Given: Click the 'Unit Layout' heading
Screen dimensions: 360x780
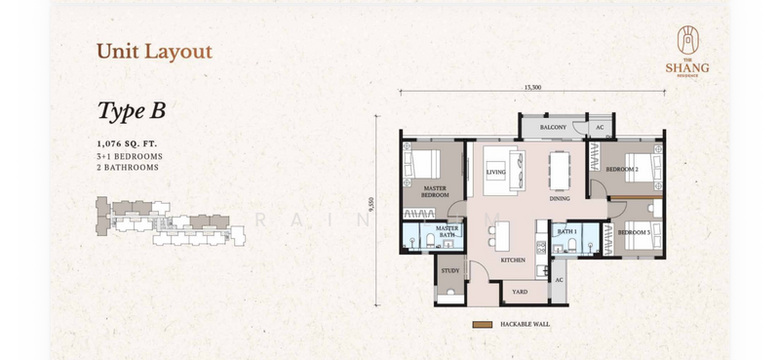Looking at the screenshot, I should point(154,52).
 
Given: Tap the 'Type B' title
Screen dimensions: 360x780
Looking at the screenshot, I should point(131,110).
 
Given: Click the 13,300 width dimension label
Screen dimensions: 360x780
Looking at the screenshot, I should point(532,88).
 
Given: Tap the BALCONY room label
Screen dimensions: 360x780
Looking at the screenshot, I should point(541,127).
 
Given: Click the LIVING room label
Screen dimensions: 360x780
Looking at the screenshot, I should point(496,172).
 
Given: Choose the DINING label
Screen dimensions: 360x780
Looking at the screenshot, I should point(559,198).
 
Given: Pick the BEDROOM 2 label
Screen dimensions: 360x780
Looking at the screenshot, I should point(622,169).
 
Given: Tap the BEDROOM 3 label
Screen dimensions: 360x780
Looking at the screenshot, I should point(633,232).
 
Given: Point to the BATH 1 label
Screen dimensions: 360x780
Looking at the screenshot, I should point(566,231).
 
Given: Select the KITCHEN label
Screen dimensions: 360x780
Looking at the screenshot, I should point(513,260).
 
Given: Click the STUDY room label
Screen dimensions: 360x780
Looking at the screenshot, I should point(449,270).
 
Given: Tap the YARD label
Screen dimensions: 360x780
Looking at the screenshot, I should point(519,290).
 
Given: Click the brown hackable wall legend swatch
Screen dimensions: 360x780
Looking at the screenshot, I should point(482,324).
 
